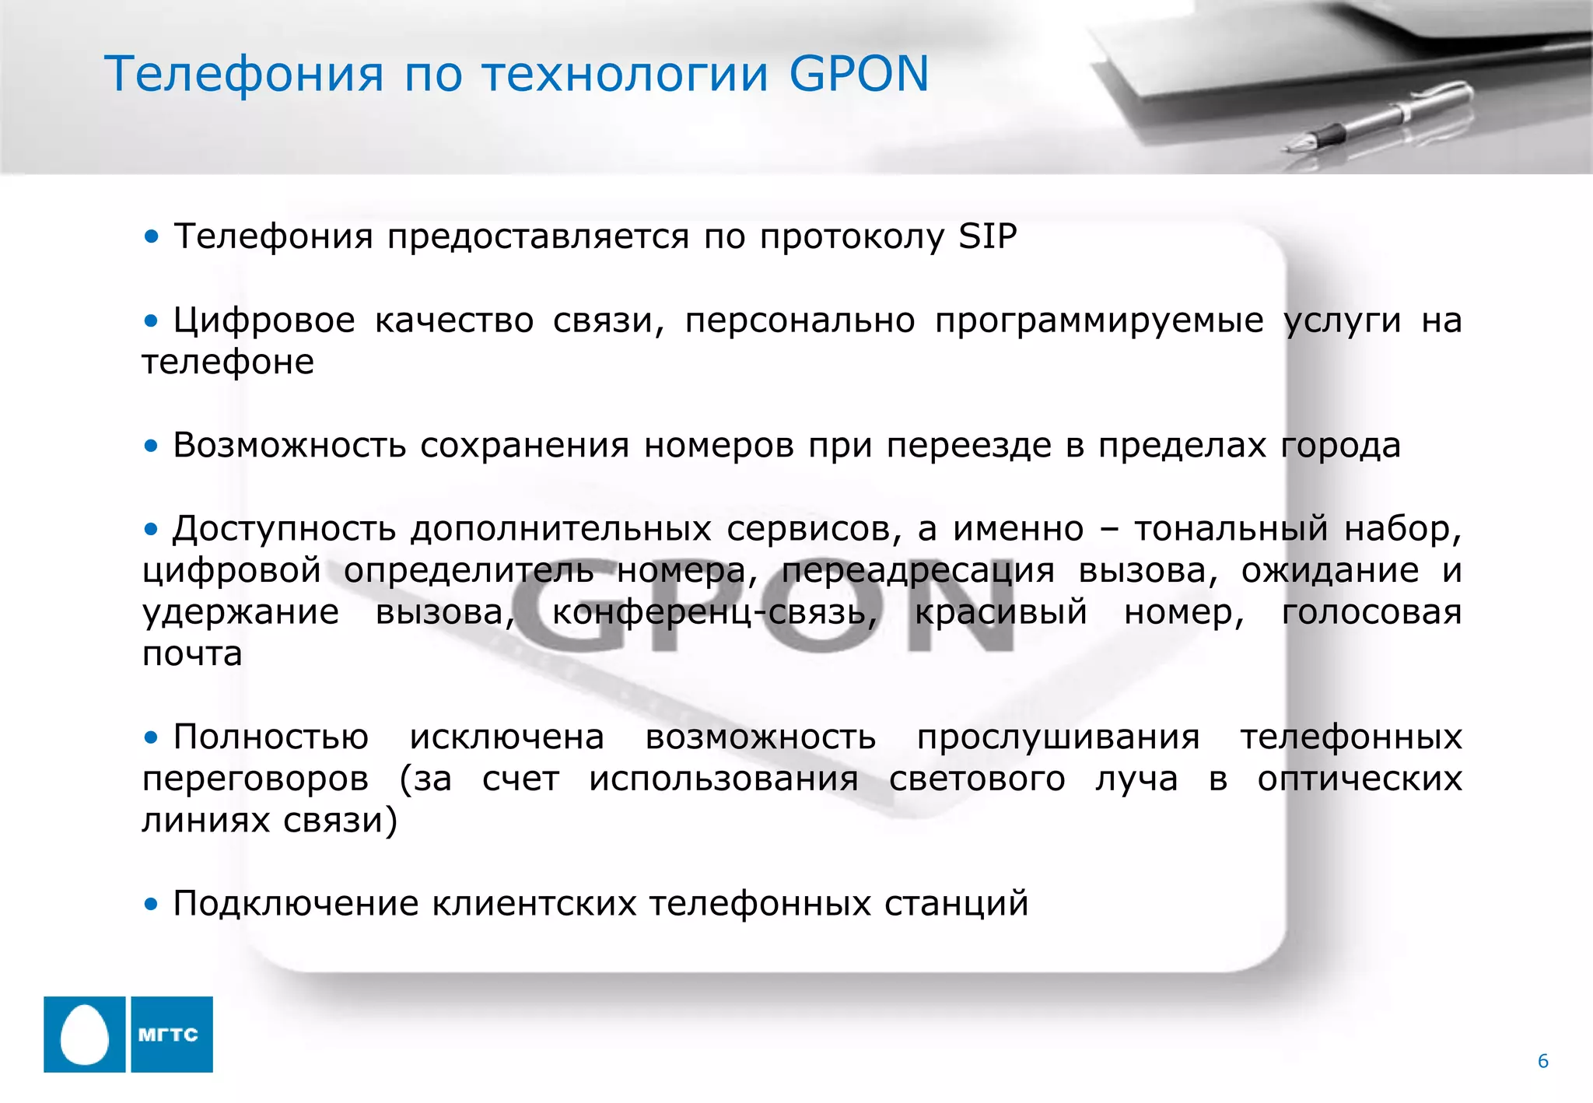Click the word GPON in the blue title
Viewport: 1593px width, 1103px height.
coord(859,75)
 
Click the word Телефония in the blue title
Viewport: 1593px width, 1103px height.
coord(243,75)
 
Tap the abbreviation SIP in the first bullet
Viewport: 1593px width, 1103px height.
coord(987,236)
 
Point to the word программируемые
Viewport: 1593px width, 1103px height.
coord(1099,320)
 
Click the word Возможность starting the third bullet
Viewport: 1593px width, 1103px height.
coord(289,446)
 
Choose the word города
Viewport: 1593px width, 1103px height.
coord(1340,446)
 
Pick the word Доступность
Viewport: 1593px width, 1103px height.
coord(284,529)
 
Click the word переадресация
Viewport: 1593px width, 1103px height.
coord(918,571)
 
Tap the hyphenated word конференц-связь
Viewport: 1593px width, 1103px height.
coord(714,612)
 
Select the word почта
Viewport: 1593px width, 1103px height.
coord(192,654)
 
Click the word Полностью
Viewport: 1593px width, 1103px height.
coord(271,737)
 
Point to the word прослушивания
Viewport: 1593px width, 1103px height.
coord(1058,737)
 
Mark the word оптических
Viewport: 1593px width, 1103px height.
coord(1359,779)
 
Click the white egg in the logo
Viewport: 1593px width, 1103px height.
coord(84,1034)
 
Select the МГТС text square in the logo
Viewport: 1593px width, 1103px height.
coord(172,1034)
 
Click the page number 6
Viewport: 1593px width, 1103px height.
coord(1543,1061)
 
